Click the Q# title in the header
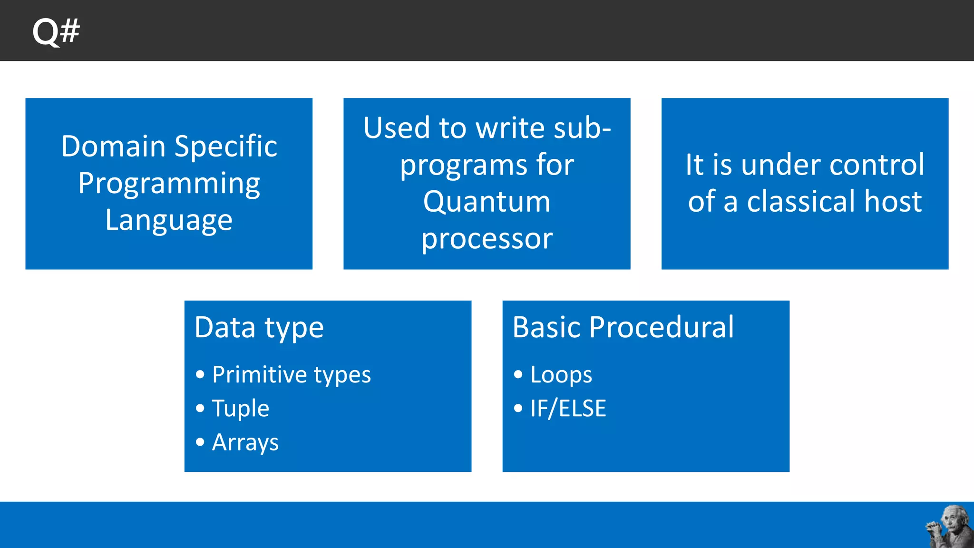point(56,31)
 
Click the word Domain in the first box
point(113,146)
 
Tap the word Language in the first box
point(169,220)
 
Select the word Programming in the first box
point(169,184)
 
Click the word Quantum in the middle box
point(487,202)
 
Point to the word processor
point(487,239)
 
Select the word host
point(893,201)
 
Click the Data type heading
point(259,328)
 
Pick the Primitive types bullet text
point(291,375)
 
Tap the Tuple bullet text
point(241,409)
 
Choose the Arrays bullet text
point(245,443)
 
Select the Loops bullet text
point(561,375)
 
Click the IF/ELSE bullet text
point(568,409)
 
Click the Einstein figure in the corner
point(949,527)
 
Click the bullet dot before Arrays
point(200,442)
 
